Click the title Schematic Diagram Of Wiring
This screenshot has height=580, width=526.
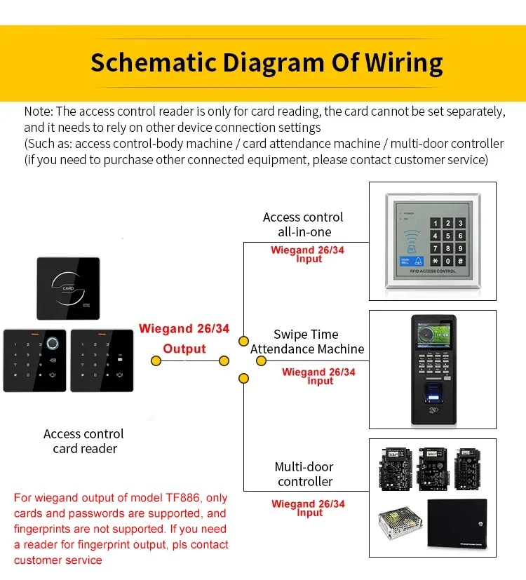[x=267, y=62]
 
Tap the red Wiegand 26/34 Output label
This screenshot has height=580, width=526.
[x=184, y=338]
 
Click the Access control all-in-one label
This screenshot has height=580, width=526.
[x=303, y=224]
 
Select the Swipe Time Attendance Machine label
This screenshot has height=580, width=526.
[x=306, y=342]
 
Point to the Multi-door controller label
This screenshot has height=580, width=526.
[x=304, y=474]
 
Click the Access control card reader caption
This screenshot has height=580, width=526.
[x=83, y=441]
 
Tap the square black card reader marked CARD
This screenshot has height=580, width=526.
[x=69, y=288]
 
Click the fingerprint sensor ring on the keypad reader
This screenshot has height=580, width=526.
[x=52, y=344]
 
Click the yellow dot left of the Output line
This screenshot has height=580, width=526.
[x=156, y=360]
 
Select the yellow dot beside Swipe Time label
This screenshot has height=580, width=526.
[x=261, y=360]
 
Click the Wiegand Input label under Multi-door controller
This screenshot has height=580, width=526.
[x=308, y=508]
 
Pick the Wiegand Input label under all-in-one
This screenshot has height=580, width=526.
[x=308, y=254]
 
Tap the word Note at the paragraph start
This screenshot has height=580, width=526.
[x=36, y=112]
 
